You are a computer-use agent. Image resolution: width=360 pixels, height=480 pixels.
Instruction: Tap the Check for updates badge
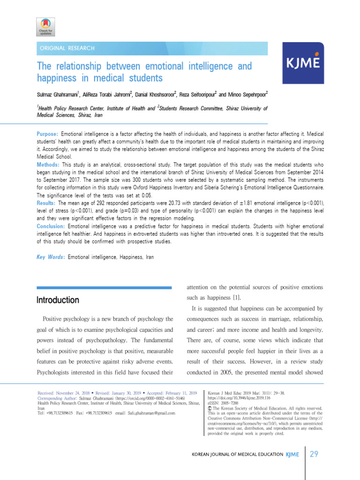(45, 27)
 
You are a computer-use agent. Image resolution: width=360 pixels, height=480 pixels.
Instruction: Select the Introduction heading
(58, 300)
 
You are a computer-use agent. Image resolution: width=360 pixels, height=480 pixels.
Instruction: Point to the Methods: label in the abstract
(48, 165)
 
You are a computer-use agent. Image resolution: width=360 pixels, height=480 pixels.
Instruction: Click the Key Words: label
(51, 257)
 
